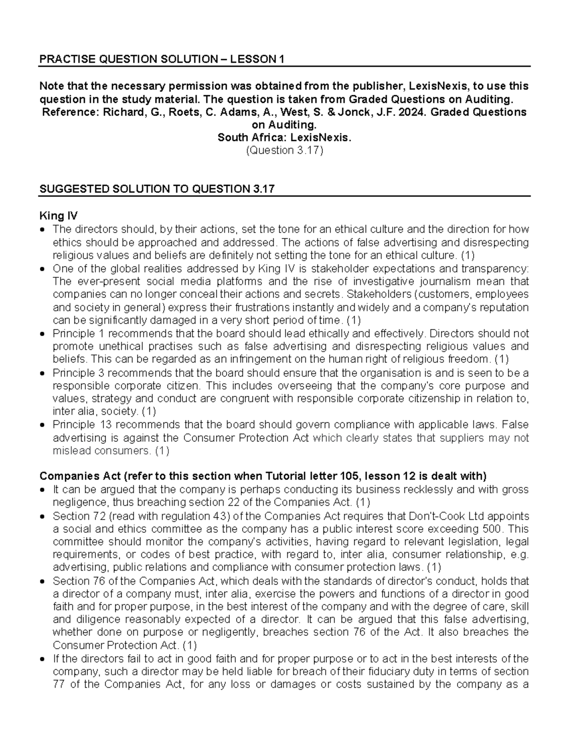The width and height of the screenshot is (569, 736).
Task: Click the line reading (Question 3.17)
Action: coord(284,150)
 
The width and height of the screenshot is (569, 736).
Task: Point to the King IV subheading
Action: coord(58,216)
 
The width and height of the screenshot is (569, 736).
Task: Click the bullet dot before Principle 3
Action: coord(44,373)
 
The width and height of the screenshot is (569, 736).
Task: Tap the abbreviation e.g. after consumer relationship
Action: coord(521,554)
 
